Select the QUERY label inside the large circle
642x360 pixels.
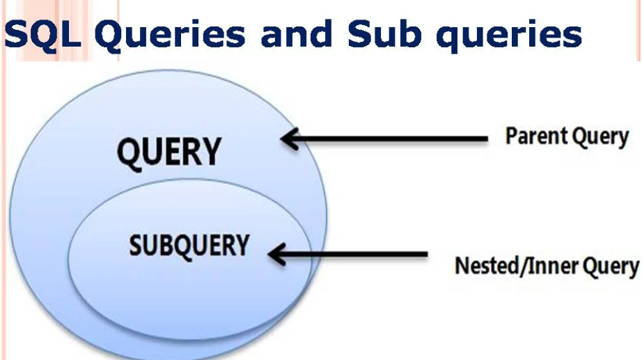(x=169, y=152)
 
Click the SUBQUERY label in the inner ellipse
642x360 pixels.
(x=189, y=245)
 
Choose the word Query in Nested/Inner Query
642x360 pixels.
(x=610, y=267)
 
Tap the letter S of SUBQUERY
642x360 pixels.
(x=136, y=245)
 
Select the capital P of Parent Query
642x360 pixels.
(x=512, y=136)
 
